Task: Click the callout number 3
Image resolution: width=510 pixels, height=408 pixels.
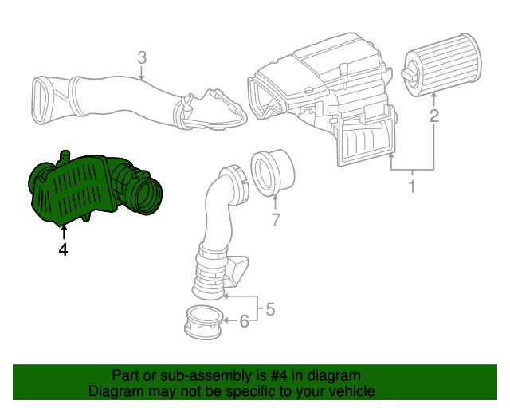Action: (x=141, y=57)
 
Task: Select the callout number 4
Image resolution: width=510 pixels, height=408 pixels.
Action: (x=63, y=250)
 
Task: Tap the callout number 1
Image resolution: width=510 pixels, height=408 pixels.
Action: (x=412, y=188)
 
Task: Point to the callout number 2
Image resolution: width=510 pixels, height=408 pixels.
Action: (x=434, y=117)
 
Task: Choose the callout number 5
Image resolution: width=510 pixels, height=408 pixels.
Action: (x=270, y=308)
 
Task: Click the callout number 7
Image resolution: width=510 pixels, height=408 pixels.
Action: (x=275, y=220)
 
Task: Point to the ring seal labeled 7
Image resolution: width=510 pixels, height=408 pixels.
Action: (x=273, y=171)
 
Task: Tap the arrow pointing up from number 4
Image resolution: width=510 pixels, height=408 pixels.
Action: (x=63, y=232)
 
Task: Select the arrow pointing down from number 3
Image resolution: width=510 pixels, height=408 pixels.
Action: (x=141, y=73)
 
